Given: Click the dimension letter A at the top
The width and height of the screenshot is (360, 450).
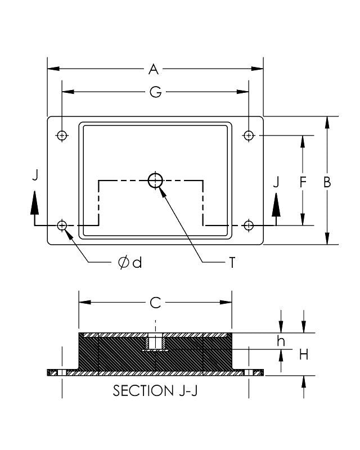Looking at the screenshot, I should (154, 69).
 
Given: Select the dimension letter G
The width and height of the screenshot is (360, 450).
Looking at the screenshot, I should (155, 92).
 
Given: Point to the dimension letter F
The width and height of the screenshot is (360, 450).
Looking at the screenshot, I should (303, 182).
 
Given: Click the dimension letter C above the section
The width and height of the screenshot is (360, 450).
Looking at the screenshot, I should (155, 303).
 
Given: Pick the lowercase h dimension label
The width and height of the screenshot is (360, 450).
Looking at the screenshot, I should (282, 340).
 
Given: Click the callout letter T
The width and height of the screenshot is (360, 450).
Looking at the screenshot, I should (231, 263).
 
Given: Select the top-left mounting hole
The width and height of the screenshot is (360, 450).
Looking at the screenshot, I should (62, 135).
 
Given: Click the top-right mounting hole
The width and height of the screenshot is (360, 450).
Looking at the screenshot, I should (249, 135).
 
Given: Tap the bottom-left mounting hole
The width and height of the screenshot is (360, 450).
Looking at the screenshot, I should (62, 225).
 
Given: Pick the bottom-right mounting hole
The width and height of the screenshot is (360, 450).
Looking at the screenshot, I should (249, 225).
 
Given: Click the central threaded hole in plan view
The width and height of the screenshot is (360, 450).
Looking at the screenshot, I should (155, 180).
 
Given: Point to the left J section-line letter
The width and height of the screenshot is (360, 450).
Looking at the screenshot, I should (35, 175).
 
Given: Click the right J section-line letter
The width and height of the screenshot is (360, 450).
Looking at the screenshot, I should (276, 182).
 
